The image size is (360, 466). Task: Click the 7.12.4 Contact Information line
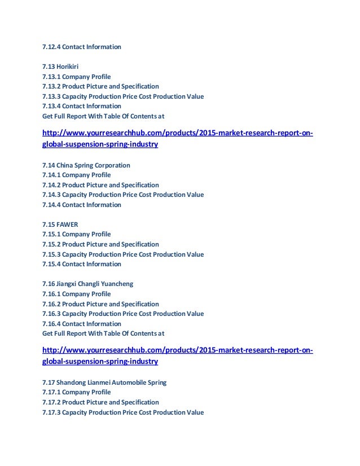[81, 47]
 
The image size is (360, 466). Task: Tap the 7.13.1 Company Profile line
[76, 77]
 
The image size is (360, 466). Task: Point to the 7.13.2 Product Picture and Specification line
[100, 86]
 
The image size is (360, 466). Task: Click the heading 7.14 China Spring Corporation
[86, 165]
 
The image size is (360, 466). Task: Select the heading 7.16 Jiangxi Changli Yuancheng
[87, 284]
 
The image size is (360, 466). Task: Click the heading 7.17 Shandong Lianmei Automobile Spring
[104, 383]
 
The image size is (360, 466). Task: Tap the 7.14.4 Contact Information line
[81, 205]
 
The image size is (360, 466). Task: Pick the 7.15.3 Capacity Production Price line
[122, 254]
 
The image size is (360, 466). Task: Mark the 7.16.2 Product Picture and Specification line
[100, 304]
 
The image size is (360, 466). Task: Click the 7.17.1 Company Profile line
[76, 392]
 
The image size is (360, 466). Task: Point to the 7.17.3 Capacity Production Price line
[122, 412]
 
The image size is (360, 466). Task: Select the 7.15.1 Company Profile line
[76, 234]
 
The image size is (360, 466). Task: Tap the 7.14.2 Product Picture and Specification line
[100, 185]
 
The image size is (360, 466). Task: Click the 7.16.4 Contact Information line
[81, 324]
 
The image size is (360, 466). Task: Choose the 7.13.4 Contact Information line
[81, 106]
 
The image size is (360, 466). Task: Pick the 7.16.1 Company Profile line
[76, 294]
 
